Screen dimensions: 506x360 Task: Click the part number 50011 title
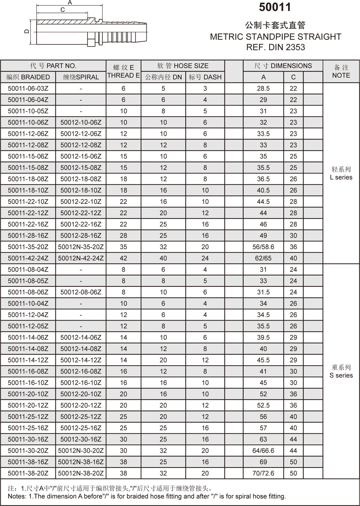tap(275, 8)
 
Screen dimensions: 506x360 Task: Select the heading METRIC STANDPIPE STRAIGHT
tap(275, 37)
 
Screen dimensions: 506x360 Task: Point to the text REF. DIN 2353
tap(275, 47)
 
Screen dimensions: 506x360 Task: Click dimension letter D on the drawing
tap(27, 32)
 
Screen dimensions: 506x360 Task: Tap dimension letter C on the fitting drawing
tap(62, 10)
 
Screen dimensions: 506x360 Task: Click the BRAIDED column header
tap(28, 77)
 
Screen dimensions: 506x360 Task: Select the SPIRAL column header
tap(81, 77)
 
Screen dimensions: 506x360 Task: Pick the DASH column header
tap(205, 77)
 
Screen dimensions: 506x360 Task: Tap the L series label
tap(341, 177)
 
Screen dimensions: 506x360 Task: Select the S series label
tap(341, 375)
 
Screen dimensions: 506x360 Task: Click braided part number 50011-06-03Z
tap(28, 89)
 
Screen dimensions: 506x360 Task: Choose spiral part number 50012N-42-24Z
tap(81, 258)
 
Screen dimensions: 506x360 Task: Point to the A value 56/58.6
tap(263, 247)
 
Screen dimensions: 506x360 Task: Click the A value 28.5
tap(263, 89)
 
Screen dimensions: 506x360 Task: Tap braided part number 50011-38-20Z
tap(28, 473)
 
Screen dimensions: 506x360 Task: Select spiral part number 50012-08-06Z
tap(81, 292)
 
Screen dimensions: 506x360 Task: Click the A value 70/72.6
tap(263, 473)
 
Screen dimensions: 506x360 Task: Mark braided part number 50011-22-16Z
tap(28, 224)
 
